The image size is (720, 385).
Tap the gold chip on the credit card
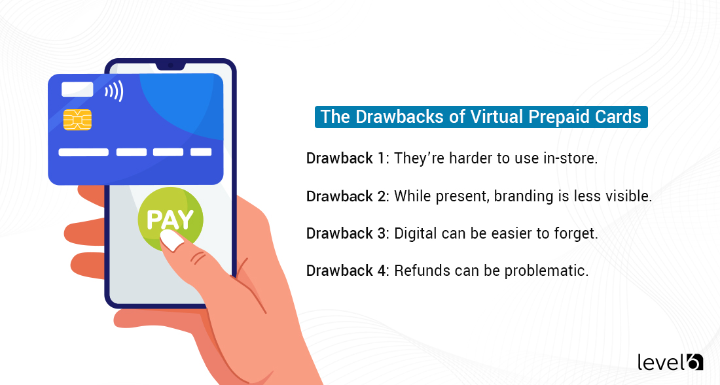click(x=77, y=120)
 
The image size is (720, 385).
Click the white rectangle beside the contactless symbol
click(x=77, y=90)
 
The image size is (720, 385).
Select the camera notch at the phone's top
click(x=170, y=65)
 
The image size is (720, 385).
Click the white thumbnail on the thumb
click(x=172, y=240)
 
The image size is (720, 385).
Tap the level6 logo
click(x=670, y=361)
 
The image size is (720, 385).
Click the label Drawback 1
click(x=347, y=159)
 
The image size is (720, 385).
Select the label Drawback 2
click(x=348, y=196)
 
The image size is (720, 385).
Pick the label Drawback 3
click(x=348, y=233)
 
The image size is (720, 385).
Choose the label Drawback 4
click(x=348, y=271)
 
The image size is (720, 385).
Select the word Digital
click(x=415, y=233)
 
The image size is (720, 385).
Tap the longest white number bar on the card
click(x=83, y=152)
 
